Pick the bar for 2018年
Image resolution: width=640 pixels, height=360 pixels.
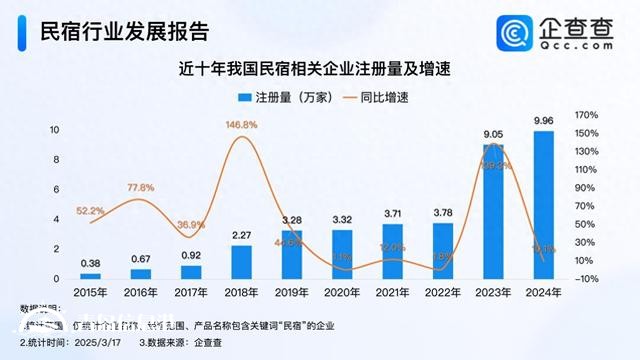[x=241, y=261]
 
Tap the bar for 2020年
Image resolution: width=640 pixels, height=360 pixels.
[x=341, y=254]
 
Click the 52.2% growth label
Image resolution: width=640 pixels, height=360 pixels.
[x=91, y=211]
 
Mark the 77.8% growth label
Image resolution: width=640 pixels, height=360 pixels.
[x=141, y=188]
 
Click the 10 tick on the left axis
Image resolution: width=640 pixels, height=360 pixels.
[x=56, y=130]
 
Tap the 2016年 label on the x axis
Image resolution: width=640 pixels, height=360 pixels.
[x=141, y=293]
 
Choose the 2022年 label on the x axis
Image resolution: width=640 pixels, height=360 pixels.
[x=441, y=293]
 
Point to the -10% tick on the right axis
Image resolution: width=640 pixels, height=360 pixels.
[x=587, y=278]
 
